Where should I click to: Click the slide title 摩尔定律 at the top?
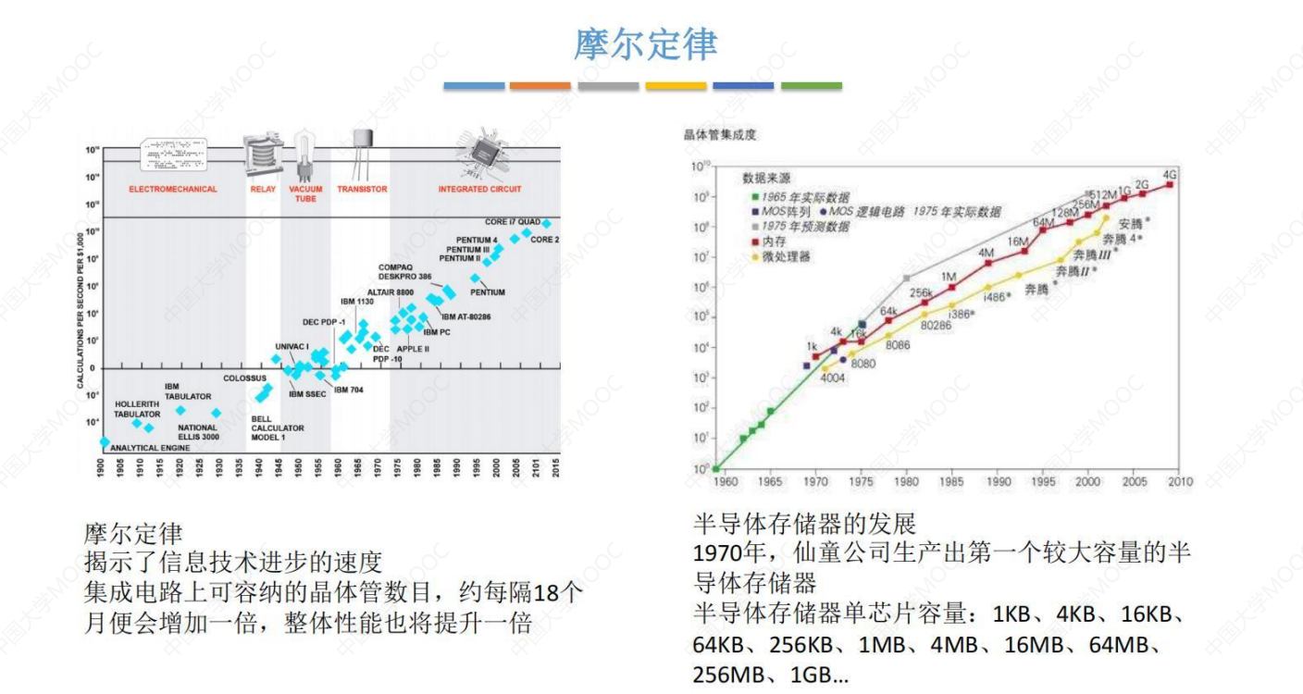click(x=645, y=44)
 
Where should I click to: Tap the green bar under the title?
click(x=811, y=86)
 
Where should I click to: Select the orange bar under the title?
click(x=540, y=86)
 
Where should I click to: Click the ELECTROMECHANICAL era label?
click(x=173, y=190)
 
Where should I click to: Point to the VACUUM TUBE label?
click(x=305, y=193)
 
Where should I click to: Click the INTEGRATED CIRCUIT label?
click(x=479, y=190)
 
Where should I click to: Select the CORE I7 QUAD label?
click(x=513, y=222)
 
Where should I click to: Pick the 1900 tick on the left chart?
click(x=102, y=467)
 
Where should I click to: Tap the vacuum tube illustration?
click(x=305, y=156)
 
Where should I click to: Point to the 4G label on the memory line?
click(x=1170, y=175)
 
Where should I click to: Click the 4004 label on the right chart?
click(x=832, y=378)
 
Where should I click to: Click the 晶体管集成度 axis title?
click(x=720, y=136)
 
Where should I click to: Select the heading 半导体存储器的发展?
click(x=804, y=525)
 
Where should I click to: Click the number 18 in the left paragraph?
click(x=547, y=593)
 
